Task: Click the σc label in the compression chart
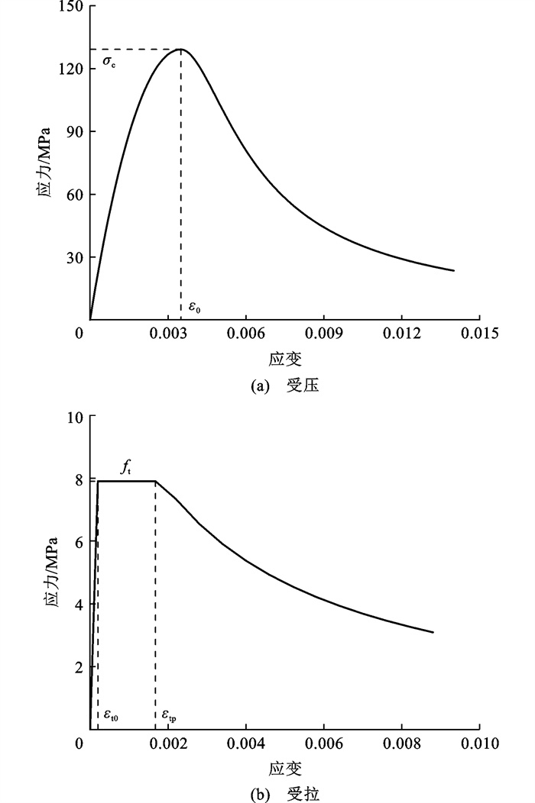pos(110,60)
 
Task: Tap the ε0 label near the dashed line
pos(194,308)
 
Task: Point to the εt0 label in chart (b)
pos(111,716)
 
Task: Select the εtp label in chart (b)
pos(169,716)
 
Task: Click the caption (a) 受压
pos(284,386)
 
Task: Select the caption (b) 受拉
pos(284,794)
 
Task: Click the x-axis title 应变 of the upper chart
pos(284,359)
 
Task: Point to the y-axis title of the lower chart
pos(48,572)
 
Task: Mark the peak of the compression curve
pos(180,49)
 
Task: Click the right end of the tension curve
pos(433,632)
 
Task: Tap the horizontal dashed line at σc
pos(135,50)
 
